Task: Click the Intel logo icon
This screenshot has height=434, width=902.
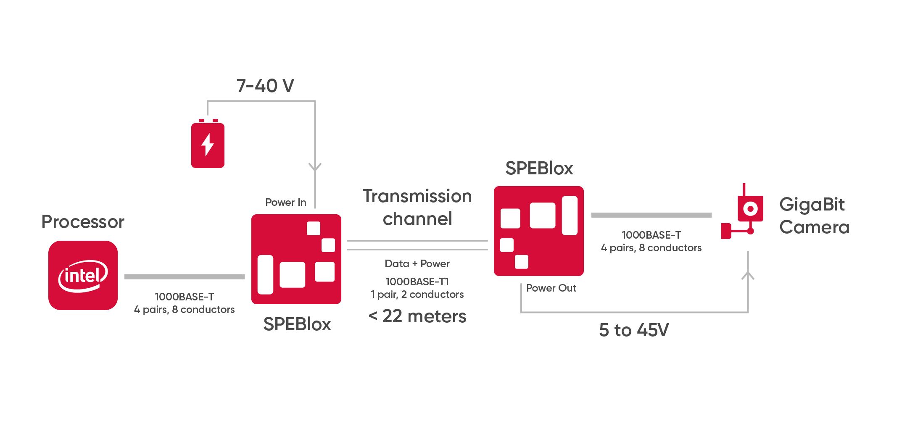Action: click(83, 275)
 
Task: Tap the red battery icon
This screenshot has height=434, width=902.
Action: click(208, 145)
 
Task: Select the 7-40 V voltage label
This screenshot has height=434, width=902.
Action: click(265, 86)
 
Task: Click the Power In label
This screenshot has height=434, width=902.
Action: click(285, 203)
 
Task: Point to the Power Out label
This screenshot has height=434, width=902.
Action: click(551, 288)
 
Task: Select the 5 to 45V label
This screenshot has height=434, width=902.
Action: click(633, 330)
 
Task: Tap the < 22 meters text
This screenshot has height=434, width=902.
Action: click(417, 316)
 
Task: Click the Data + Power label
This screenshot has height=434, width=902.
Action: click(417, 264)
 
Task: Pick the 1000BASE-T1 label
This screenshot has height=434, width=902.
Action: click(417, 281)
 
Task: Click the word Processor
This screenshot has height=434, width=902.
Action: click(83, 222)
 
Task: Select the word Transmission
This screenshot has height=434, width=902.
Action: click(417, 196)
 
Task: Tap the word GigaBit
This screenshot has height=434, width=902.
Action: click(812, 205)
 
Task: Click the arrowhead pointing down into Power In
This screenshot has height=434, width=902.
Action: click(315, 167)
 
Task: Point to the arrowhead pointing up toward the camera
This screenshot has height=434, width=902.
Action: click(748, 276)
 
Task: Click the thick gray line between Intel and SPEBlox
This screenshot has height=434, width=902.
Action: click(185, 277)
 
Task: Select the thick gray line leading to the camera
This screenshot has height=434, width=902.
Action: click(651, 215)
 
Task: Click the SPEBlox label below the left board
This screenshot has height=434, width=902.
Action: click(297, 324)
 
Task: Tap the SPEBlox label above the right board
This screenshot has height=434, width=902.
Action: click(539, 168)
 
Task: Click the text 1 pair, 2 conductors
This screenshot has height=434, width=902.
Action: click(417, 295)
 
